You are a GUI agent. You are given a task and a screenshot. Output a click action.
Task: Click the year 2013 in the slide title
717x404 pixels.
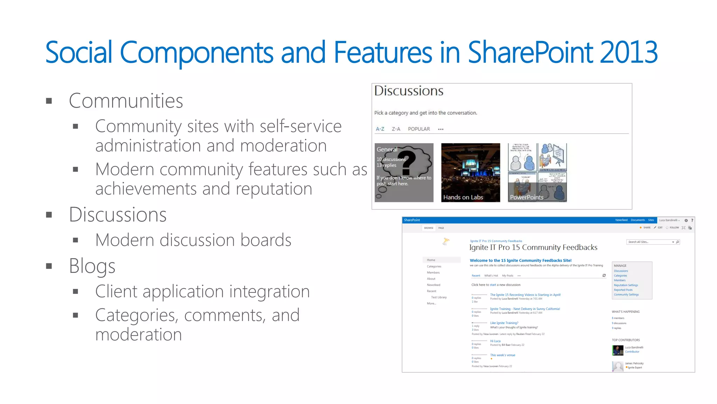click(x=628, y=53)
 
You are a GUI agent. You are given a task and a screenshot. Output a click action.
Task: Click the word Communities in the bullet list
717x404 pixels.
click(x=126, y=101)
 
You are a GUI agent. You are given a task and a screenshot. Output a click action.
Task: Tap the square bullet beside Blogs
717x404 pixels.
click(x=49, y=266)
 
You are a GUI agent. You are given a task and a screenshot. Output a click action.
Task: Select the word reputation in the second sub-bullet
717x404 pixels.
click(x=273, y=189)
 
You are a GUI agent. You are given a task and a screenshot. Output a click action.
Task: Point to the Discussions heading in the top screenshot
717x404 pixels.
click(x=409, y=91)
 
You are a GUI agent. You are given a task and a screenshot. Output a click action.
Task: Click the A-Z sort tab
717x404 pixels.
click(x=380, y=129)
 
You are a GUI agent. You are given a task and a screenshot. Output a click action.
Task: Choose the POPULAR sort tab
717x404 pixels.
click(x=419, y=129)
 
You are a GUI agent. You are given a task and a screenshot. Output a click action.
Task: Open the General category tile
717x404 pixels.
click(x=404, y=173)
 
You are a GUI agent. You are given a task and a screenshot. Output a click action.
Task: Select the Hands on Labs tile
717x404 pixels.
click(x=471, y=173)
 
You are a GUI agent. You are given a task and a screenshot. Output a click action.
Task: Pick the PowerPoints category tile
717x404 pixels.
click(x=537, y=173)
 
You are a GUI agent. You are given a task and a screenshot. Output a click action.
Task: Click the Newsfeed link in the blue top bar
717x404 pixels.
click(x=621, y=220)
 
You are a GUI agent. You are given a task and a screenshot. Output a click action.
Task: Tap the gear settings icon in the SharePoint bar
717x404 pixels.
click(x=686, y=221)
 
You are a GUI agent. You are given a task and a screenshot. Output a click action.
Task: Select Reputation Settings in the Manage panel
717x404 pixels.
click(x=626, y=285)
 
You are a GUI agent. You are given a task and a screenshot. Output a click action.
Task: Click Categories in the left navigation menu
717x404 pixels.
click(x=434, y=267)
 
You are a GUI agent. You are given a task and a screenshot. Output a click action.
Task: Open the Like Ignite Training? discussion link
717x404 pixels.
click(x=504, y=323)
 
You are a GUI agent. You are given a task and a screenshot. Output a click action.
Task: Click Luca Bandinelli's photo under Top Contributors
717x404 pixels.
click(x=617, y=350)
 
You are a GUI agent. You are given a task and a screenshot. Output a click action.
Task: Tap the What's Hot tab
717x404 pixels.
click(x=491, y=276)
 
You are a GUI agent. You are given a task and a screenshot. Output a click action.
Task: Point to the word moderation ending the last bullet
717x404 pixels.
click(x=139, y=335)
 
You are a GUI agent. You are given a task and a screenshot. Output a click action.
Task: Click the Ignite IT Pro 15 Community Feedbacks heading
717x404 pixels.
click(x=533, y=248)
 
